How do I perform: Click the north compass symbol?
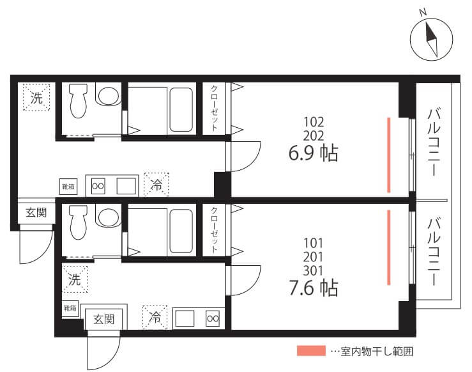pos(431,39)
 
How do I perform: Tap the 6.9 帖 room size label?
pos(314,153)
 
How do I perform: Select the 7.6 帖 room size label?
pos(314,288)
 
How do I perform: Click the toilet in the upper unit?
pos(79,100)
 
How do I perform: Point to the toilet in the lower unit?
pos(79,222)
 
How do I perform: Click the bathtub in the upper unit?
pos(181,110)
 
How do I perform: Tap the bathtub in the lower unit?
pos(181,231)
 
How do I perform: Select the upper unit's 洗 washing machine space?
pos(36,97)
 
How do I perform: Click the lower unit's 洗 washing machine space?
pos(75,279)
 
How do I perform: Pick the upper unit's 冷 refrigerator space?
pos(156,185)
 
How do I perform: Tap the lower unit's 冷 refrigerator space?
pos(155,317)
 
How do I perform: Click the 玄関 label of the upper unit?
pos(36,213)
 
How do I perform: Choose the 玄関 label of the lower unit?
pos(104,320)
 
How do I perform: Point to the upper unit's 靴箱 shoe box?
pos(68,187)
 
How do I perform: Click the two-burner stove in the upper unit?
pos(98,186)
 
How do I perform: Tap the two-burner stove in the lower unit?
pos(213,318)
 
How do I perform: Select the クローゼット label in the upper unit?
pos(214,108)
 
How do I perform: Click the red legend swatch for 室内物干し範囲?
pos(311,351)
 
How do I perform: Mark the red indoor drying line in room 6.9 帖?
pos(388,155)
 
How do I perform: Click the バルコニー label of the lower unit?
pos(434,251)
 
